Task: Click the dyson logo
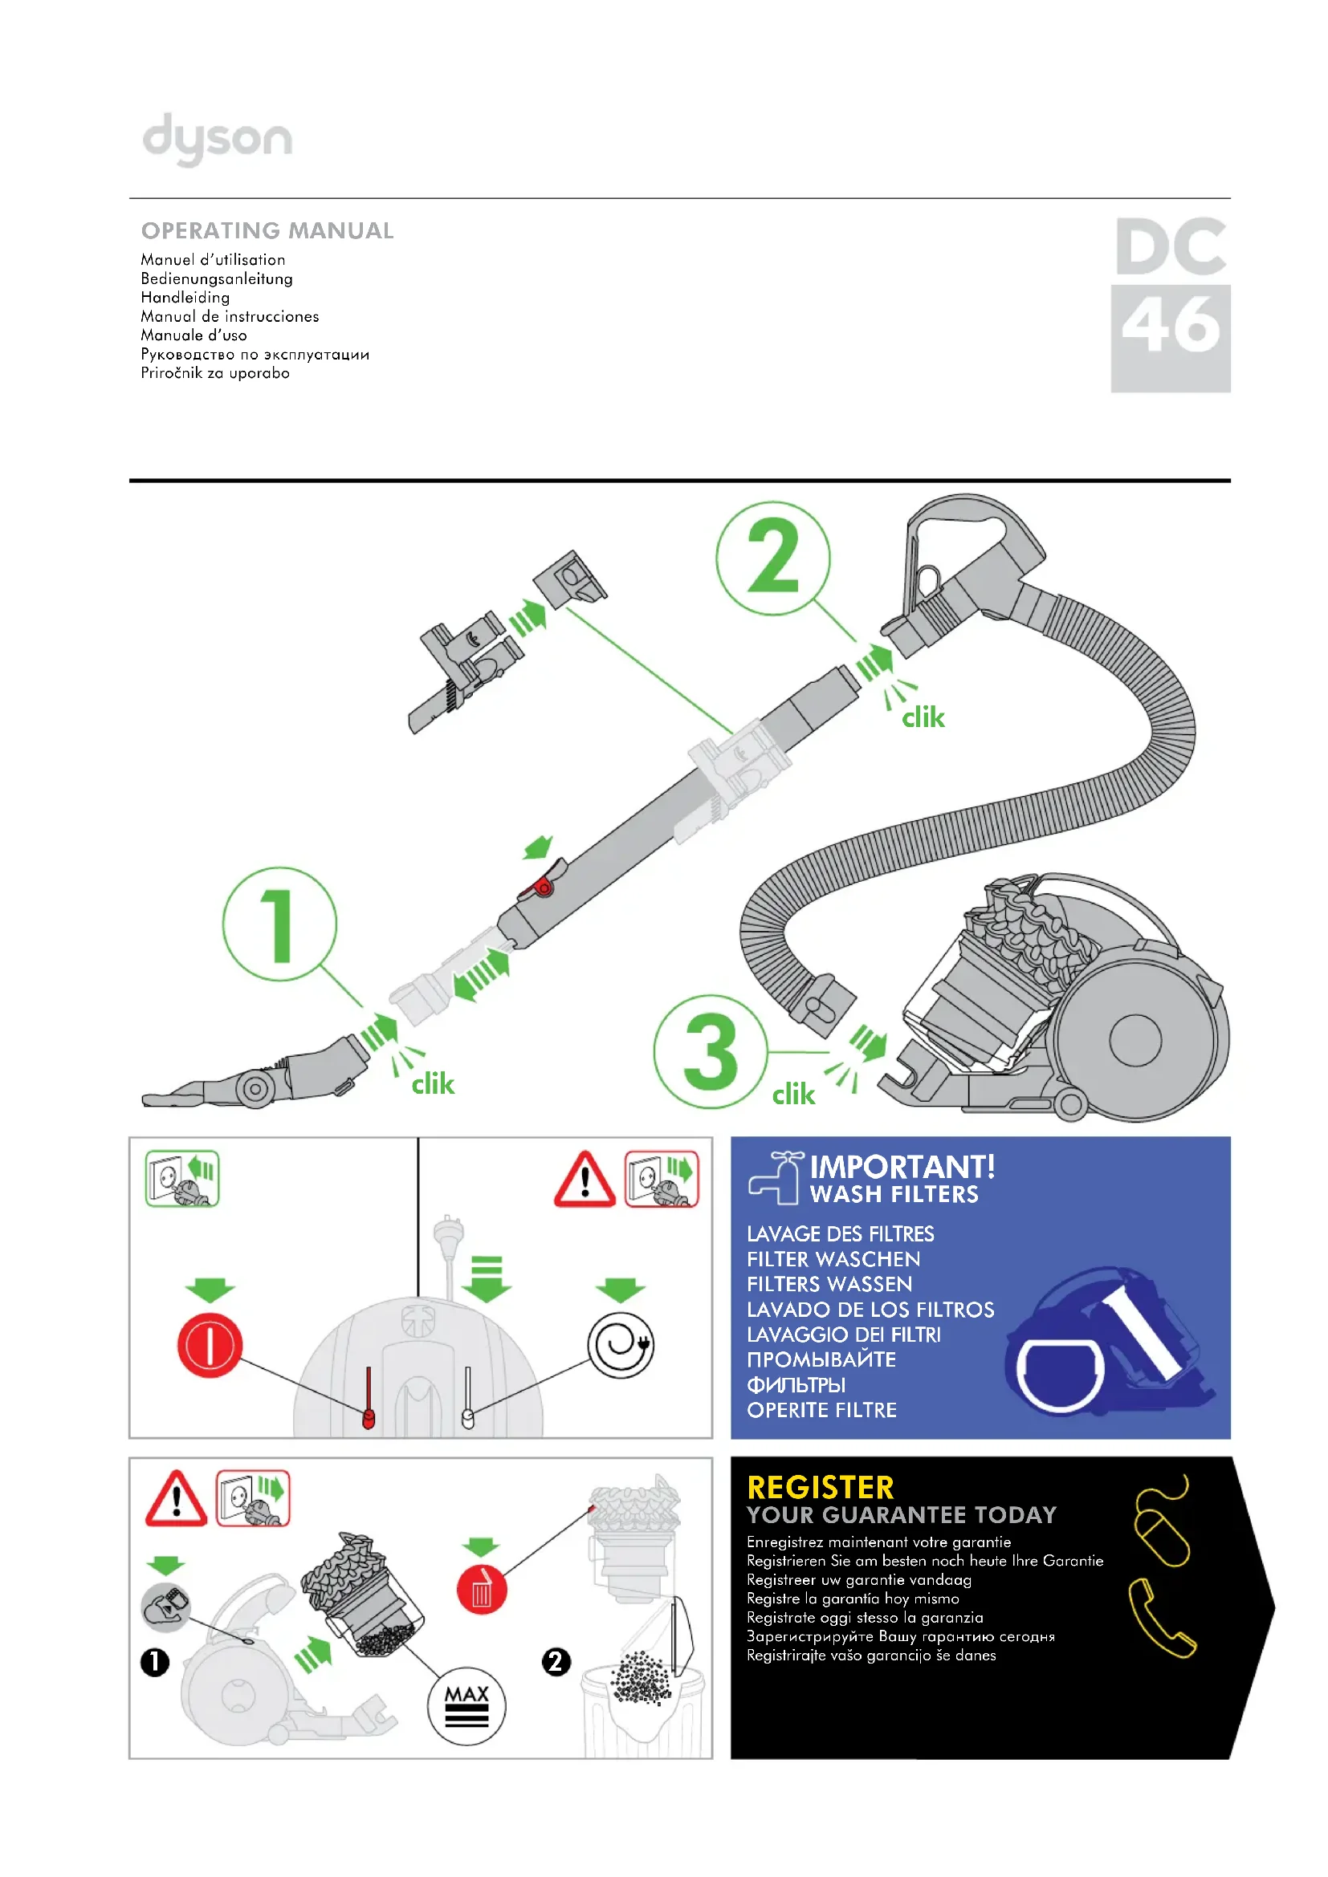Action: [x=217, y=139]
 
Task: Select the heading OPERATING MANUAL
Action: [x=267, y=230]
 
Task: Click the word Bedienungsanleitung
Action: [x=217, y=278]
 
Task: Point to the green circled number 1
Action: [x=279, y=924]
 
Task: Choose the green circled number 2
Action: [x=772, y=558]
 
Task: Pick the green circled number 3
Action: [x=710, y=1051]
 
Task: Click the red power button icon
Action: [x=210, y=1345]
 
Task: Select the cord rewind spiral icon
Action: [x=621, y=1345]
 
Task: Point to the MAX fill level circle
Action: [x=466, y=1705]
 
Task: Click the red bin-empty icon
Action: [x=482, y=1590]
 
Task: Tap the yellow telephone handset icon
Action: [x=1161, y=1618]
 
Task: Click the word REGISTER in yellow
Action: [x=821, y=1487]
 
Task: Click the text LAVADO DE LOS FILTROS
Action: [x=870, y=1310]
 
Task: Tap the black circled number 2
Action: [x=556, y=1661]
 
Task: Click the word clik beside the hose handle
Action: [x=923, y=717]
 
